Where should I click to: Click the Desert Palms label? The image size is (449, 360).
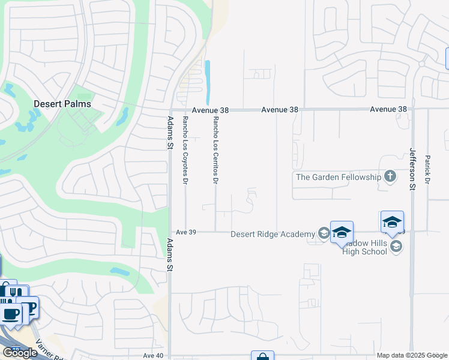(62, 104)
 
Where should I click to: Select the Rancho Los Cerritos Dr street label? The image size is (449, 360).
(215, 149)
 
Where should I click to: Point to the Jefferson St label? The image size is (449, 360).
(412, 169)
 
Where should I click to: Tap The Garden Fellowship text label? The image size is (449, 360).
(339, 177)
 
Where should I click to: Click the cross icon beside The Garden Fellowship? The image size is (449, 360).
(390, 176)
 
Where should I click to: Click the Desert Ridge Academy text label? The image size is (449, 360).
(273, 234)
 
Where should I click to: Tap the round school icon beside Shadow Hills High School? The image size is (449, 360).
(395, 246)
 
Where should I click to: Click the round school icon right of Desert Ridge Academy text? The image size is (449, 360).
(324, 233)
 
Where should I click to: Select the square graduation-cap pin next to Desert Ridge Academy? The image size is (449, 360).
(341, 232)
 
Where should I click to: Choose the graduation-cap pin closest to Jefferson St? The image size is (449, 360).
(392, 222)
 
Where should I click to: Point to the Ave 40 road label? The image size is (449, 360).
(152, 356)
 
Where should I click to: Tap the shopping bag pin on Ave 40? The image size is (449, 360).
(262, 356)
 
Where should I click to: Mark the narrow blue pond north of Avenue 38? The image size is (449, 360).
(208, 83)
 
